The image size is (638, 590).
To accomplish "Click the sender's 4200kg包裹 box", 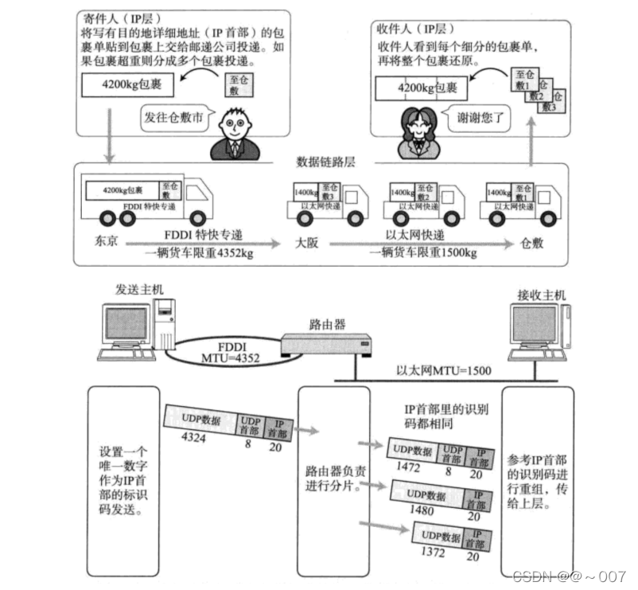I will [127, 81].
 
